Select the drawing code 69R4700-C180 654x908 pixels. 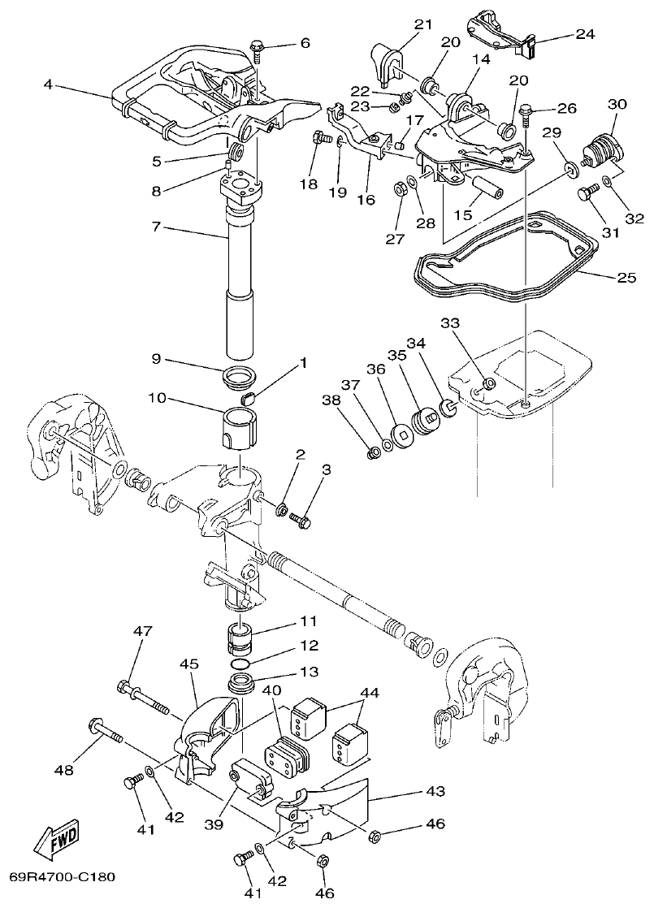point(63,877)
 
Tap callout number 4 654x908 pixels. point(49,84)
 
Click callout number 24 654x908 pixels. point(585,34)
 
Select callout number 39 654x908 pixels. point(214,825)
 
